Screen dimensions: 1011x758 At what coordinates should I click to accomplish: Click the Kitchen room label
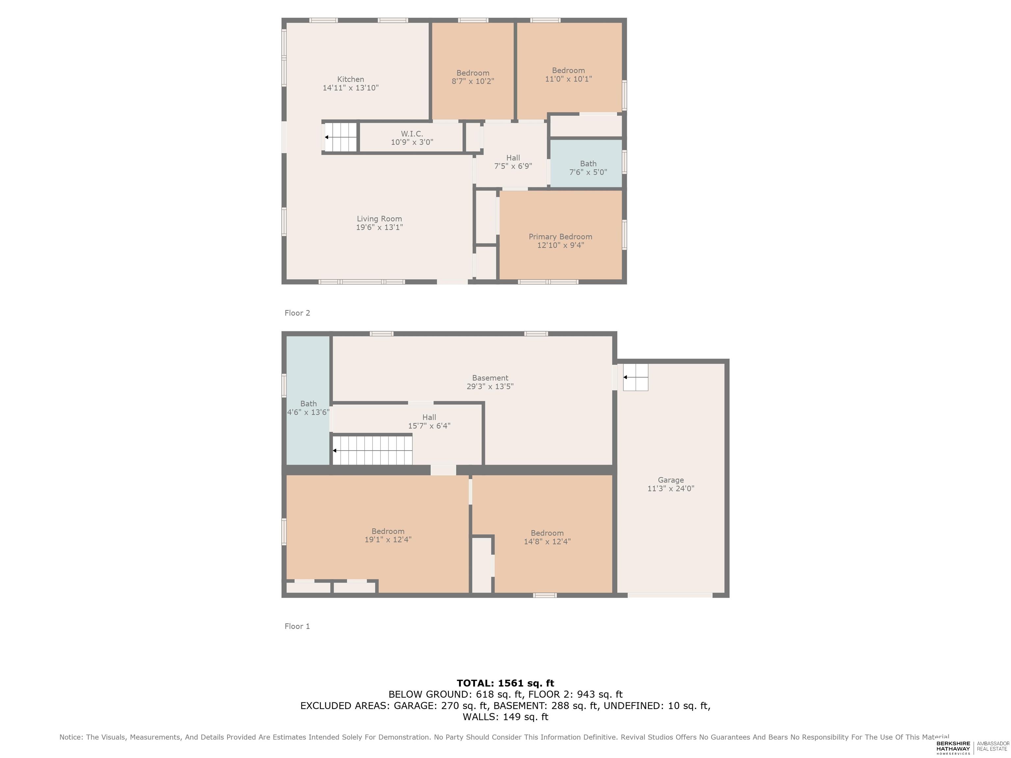[x=350, y=79]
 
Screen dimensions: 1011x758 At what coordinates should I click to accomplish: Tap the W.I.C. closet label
[x=412, y=134]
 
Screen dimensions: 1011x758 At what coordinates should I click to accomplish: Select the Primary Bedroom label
[x=560, y=237]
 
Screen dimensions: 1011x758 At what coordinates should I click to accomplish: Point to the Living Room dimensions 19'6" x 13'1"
[x=379, y=227]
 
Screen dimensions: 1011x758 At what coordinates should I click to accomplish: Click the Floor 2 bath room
[x=586, y=164]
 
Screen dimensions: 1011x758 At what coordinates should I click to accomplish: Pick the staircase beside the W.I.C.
[x=340, y=137]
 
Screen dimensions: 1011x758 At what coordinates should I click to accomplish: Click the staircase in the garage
[x=635, y=377]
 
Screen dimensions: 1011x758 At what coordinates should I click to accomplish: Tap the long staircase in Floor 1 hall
[x=372, y=450]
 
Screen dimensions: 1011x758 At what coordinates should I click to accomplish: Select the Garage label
[x=670, y=480]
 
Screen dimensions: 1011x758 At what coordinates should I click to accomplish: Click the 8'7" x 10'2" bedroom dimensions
[x=473, y=81]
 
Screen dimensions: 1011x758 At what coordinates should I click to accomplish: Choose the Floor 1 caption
[x=297, y=626]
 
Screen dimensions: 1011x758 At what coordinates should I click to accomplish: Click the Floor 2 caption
[x=297, y=313]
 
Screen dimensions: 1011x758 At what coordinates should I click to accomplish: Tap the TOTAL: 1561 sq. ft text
[x=505, y=683]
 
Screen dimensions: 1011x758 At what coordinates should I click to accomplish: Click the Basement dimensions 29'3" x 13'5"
[x=490, y=386]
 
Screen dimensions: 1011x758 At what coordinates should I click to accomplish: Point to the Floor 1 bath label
[x=308, y=403]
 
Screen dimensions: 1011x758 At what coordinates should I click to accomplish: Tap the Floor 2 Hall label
[x=513, y=158]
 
